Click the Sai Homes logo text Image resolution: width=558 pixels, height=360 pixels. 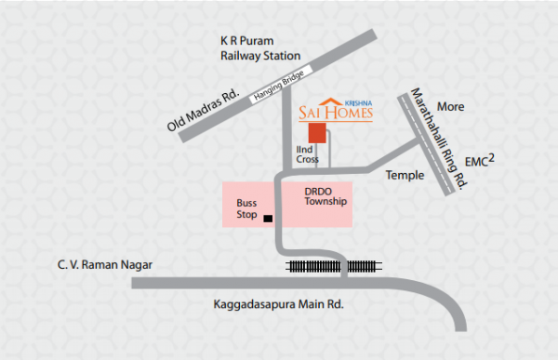tap(336, 113)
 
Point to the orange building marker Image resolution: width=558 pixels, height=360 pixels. tap(317, 132)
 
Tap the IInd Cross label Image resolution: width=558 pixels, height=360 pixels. tap(308, 154)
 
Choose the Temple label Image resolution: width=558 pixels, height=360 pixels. tap(405, 175)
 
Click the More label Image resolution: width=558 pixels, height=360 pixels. tap(451, 107)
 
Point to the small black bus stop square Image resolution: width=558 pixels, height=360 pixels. tap(268, 219)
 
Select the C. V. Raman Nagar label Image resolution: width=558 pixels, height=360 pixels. tap(103, 266)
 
